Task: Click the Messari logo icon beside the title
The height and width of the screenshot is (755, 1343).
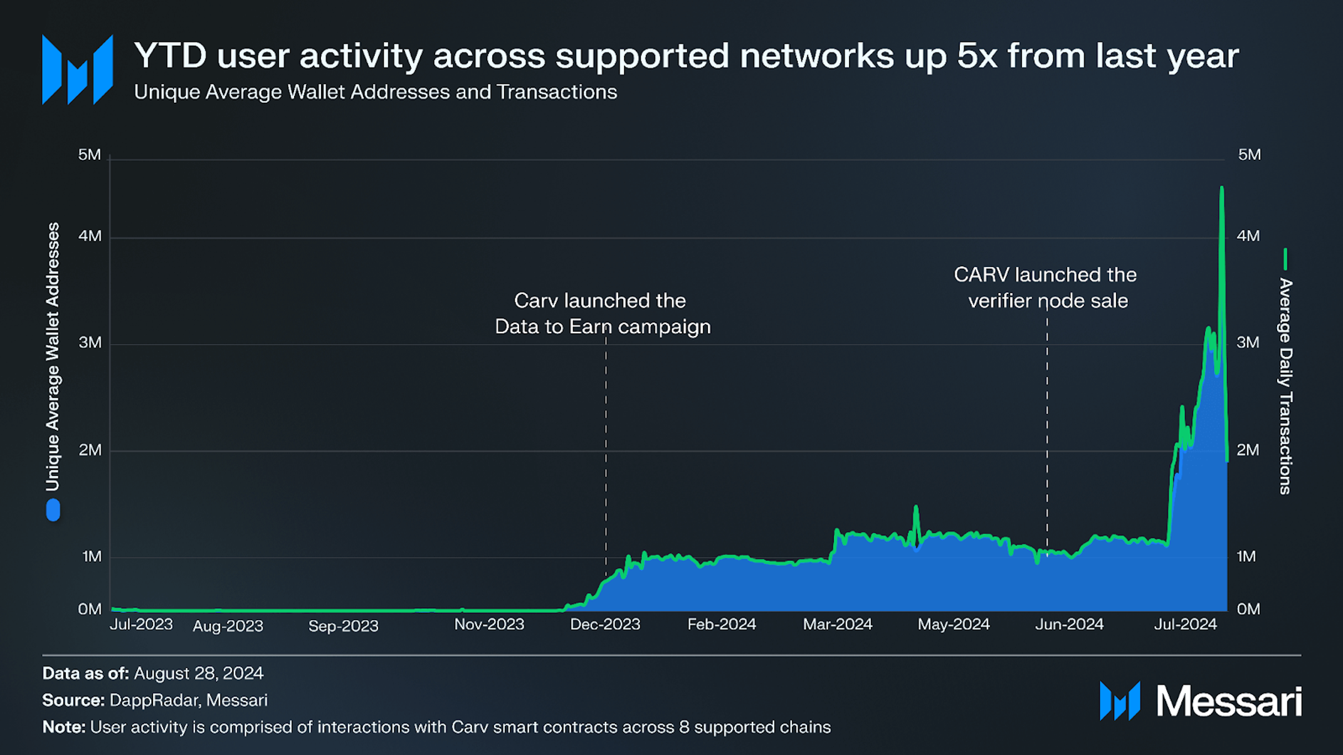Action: tap(77, 70)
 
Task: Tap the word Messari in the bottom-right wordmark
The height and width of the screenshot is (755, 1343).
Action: tap(1228, 701)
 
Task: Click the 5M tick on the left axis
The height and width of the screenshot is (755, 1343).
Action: tap(90, 155)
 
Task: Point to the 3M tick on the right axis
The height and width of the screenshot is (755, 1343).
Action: tap(1248, 343)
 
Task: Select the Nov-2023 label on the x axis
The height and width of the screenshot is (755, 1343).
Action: tap(489, 624)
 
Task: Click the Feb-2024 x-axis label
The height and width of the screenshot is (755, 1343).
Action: tap(722, 624)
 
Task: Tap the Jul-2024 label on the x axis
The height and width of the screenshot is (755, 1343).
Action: tap(1185, 624)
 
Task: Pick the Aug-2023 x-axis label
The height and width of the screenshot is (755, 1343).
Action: tap(228, 626)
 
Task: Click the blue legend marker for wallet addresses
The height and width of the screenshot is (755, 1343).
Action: tap(53, 510)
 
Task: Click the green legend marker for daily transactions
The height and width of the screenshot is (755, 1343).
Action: tap(1285, 259)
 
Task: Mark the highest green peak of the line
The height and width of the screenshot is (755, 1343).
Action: tap(1221, 188)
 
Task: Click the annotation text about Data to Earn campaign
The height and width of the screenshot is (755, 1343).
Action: tap(602, 313)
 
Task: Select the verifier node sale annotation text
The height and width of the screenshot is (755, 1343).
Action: tap(1045, 288)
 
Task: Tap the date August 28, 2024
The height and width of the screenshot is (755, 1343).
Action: tap(198, 674)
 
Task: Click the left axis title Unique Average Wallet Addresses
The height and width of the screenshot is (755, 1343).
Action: tap(53, 357)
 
